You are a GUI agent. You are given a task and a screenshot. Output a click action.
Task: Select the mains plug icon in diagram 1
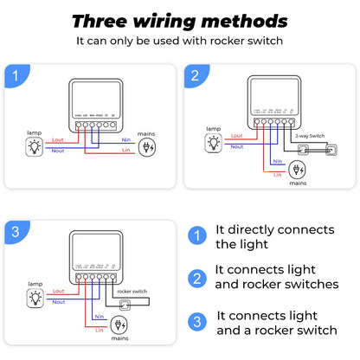coord(150,146)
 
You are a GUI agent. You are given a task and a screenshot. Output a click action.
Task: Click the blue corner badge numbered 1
coord(15,76)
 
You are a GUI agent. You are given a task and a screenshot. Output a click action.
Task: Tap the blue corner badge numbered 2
coord(196,76)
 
